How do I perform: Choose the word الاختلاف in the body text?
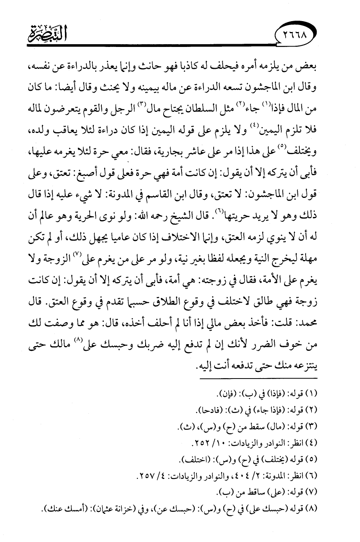[213, 245]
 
